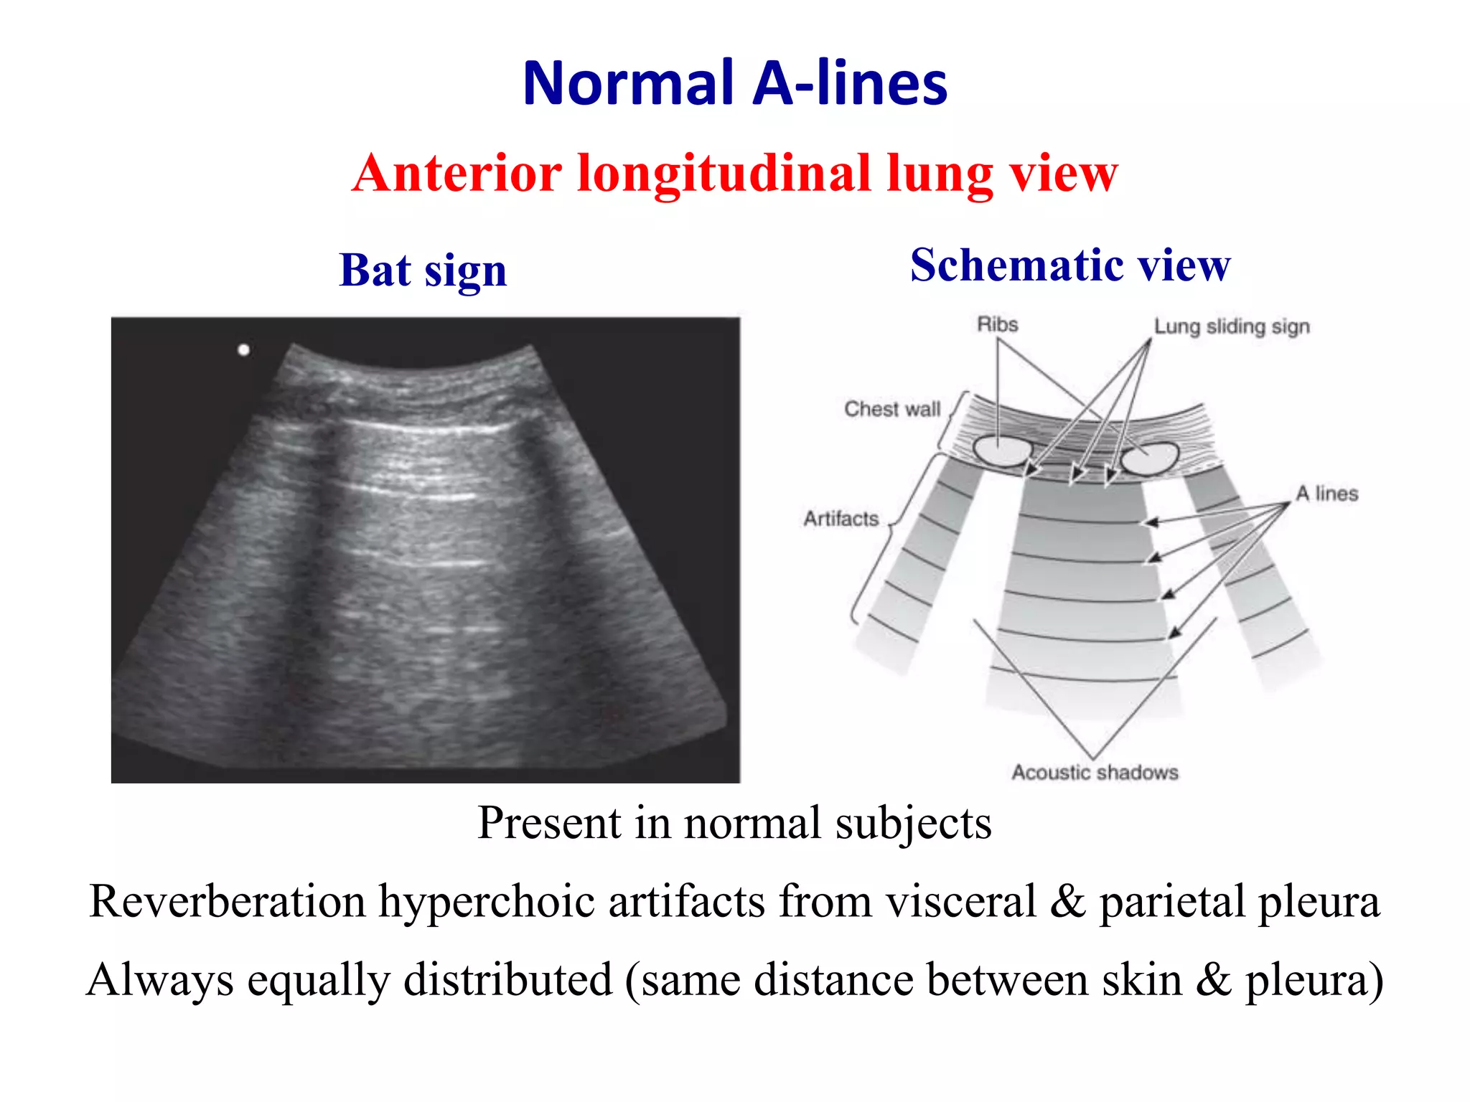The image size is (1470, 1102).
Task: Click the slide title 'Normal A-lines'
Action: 735,83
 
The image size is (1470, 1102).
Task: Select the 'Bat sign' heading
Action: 423,270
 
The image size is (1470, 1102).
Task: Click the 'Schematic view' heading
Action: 1070,265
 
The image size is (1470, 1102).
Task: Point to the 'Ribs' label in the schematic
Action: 997,325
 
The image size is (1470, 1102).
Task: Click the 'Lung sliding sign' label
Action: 1232,326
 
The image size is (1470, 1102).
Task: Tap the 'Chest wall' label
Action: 892,409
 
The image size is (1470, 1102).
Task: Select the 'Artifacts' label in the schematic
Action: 841,518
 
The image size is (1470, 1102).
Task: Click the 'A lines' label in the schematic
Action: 1327,494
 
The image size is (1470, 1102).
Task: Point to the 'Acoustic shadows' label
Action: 1095,773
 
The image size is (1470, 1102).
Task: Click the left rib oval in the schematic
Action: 1002,450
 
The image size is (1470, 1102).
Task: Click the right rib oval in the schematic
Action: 1151,458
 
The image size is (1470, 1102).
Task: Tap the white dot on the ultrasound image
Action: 244,350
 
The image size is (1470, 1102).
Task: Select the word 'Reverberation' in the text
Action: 228,901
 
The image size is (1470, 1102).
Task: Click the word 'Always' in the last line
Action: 160,980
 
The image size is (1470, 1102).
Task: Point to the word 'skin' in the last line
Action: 1142,980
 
